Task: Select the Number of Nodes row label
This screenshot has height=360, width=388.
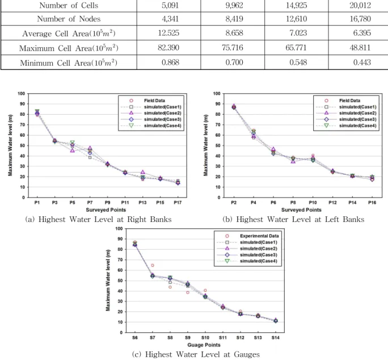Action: click(69, 19)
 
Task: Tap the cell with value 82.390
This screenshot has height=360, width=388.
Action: click(168, 47)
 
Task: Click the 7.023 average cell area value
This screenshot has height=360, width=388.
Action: click(298, 33)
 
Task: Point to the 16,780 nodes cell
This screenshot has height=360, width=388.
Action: click(360, 19)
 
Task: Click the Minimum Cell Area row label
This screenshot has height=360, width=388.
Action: click(69, 62)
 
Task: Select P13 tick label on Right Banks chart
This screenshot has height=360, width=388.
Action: click(142, 203)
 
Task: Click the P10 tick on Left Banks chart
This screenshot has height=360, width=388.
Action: click(313, 203)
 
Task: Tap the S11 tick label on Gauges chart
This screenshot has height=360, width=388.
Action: click(223, 338)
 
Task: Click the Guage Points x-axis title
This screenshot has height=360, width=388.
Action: click(204, 345)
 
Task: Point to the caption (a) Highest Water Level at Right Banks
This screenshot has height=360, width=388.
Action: click(98, 220)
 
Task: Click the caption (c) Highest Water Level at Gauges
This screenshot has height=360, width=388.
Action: click(196, 354)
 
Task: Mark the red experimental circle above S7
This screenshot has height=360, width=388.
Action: click(153, 265)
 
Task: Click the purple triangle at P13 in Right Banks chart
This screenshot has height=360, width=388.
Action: click(143, 172)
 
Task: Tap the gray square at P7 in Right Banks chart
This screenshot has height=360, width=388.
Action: click(90, 158)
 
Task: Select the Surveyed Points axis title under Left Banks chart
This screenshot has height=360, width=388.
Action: click(301, 210)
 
